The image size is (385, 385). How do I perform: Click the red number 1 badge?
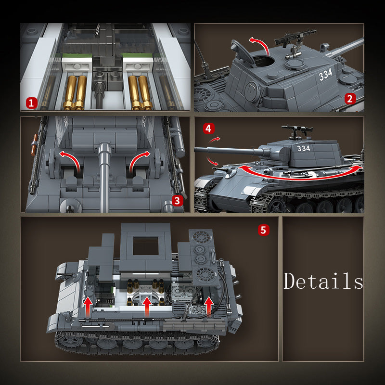31,103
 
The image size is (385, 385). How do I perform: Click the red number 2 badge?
350,100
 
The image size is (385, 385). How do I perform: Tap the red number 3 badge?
178,201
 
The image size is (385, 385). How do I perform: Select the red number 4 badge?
208,128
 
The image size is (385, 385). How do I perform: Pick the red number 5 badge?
262,230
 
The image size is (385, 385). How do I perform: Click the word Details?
323,281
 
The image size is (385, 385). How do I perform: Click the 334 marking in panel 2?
326,75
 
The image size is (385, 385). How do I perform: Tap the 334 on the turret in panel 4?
304,148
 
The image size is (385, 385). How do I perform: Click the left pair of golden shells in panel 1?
76,91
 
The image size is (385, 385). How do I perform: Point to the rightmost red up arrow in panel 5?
208,306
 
